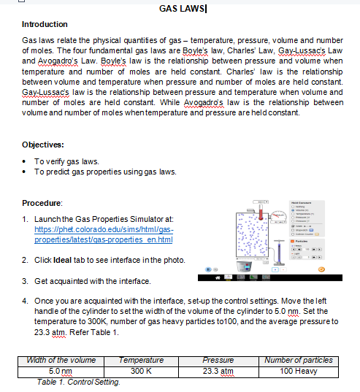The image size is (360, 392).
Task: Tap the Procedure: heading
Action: click(x=42, y=201)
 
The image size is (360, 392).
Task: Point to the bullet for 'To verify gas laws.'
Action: click(x=27, y=161)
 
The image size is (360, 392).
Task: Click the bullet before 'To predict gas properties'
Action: click(x=27, y=172)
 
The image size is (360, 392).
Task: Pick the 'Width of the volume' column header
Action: click(x=61, y=360)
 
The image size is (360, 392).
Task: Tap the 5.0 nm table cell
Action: click(x=61, y=371)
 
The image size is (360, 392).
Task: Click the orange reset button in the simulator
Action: click(x=340, y=269)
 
